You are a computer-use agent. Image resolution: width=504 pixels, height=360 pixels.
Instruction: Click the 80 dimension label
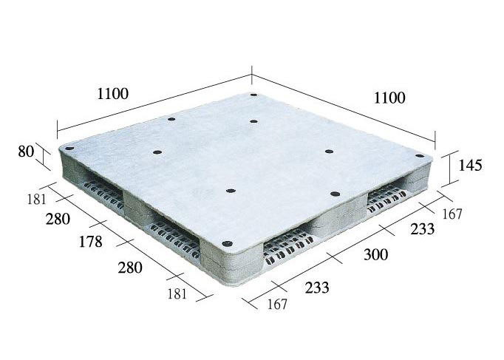click(26, 152)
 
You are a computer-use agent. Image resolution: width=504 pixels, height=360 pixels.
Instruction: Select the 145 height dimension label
click(470, 165)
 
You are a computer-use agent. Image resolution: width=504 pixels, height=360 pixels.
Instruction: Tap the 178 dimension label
click(91, 242)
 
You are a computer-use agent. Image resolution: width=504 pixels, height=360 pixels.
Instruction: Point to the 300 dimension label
click(375, 254)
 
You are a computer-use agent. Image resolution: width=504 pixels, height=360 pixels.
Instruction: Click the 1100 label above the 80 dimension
click(113, 94)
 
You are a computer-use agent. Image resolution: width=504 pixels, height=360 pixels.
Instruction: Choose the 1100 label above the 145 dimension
click(389, 98)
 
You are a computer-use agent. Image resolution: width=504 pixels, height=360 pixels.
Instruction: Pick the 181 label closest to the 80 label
click(36, 200)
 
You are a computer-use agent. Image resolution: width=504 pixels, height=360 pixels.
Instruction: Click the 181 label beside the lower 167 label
click(177, 293)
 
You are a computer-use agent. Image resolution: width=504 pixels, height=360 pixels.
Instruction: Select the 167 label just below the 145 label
click(452, 214)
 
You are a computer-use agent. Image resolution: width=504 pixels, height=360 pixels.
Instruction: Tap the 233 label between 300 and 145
click(423, 229)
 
